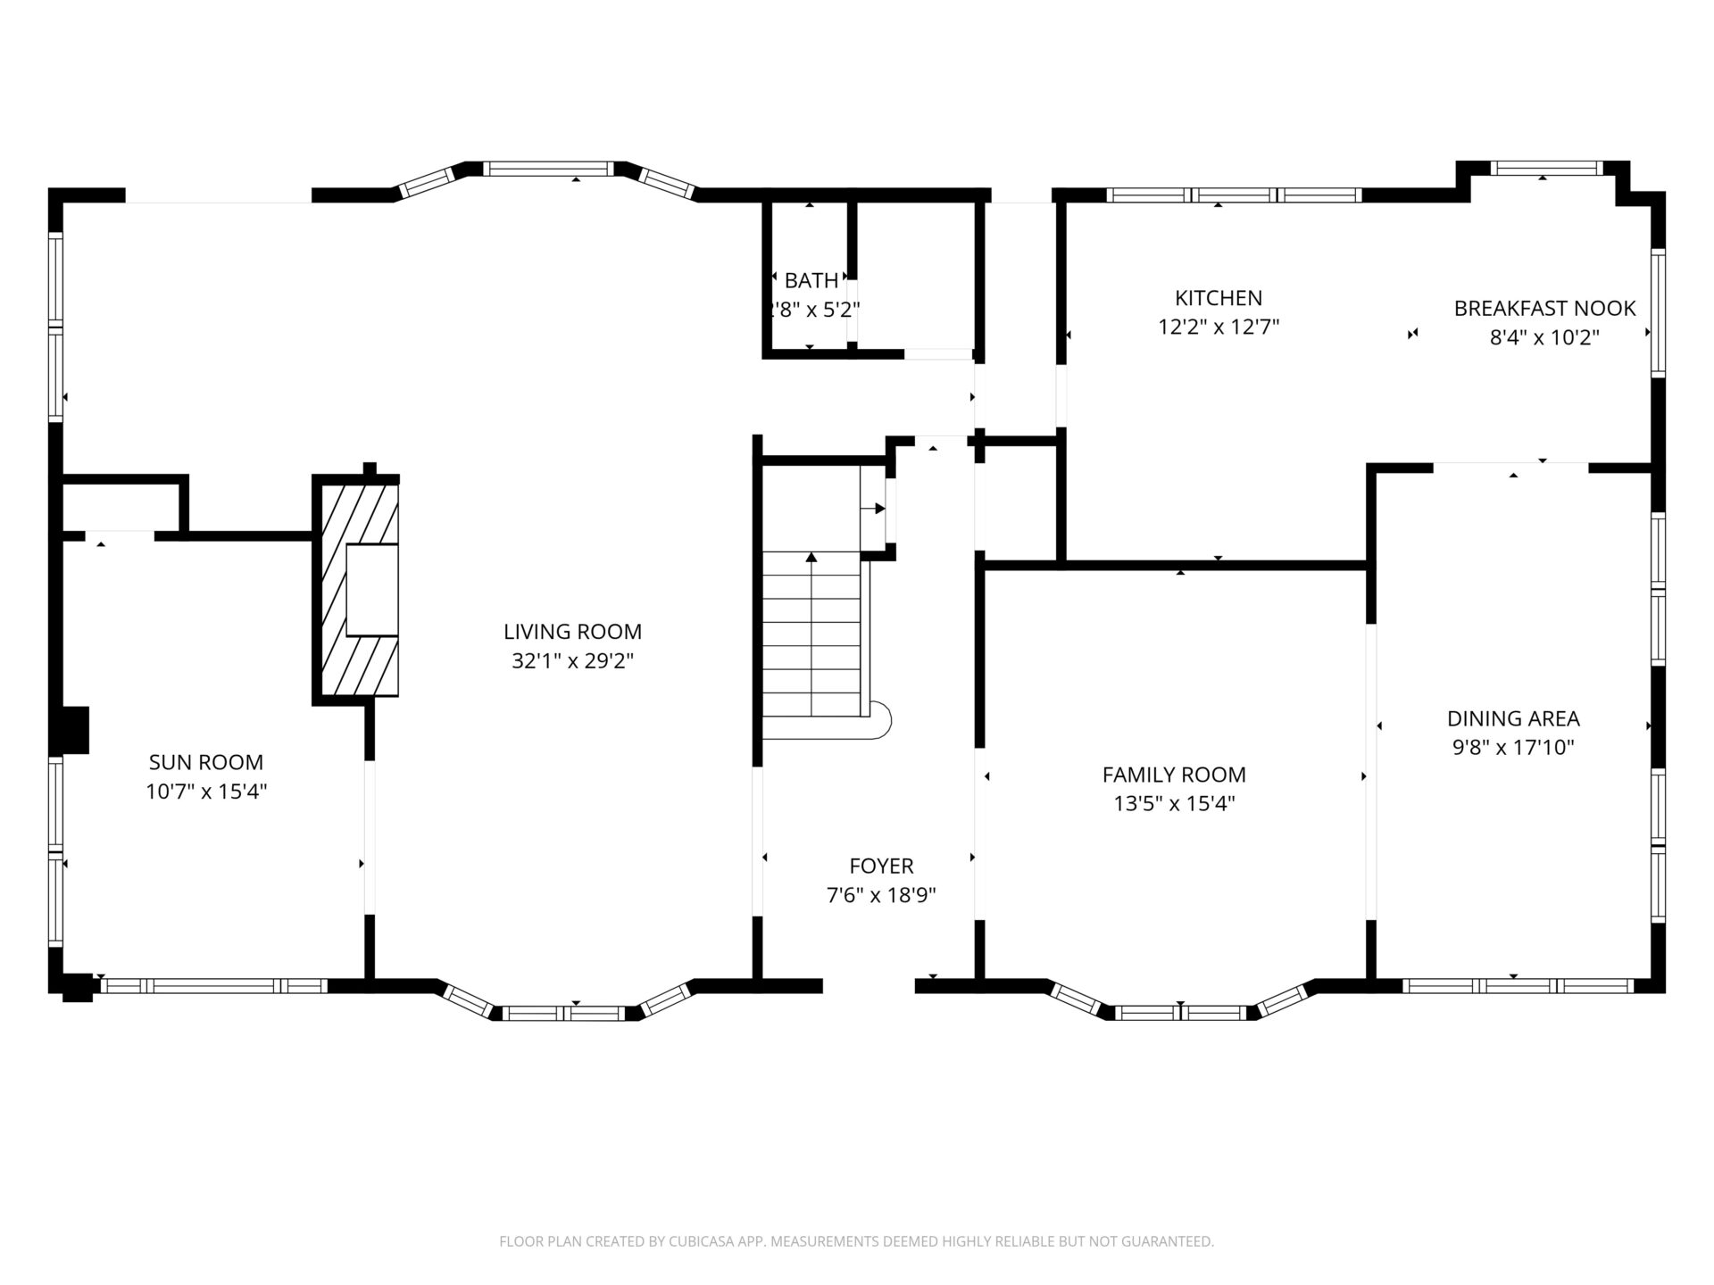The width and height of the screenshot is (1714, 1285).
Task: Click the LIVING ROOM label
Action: [572, 632]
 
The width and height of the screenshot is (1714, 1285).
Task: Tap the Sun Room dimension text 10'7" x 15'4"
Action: [206, 792]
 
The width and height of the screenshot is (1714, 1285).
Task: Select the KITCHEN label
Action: [1219, 298]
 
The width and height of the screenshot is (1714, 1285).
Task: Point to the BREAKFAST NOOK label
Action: [1544, 309]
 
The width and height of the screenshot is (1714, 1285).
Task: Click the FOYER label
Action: [881, 866]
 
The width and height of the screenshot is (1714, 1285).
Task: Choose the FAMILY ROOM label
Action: [1174, 775]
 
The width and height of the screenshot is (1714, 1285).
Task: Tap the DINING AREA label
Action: [1513, 718]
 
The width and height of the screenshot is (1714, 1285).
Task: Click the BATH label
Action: [811, 281]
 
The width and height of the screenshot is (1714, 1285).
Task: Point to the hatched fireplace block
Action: [355, 589]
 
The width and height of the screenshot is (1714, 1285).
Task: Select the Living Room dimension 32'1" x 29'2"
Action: [572, 661]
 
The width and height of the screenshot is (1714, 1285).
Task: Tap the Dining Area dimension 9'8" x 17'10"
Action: [1513, 748]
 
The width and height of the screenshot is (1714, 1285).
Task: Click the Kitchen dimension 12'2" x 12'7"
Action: [1219, 327]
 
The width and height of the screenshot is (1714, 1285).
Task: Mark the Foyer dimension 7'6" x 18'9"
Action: [881, 895]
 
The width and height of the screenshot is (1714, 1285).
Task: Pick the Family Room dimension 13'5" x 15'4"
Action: [1174, 804]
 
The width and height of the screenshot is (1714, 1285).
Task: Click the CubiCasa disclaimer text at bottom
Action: [856, 1241]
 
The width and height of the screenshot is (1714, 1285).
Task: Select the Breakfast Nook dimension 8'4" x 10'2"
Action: [1544, 338]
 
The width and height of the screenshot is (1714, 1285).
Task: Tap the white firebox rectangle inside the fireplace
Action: [371, 591]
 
